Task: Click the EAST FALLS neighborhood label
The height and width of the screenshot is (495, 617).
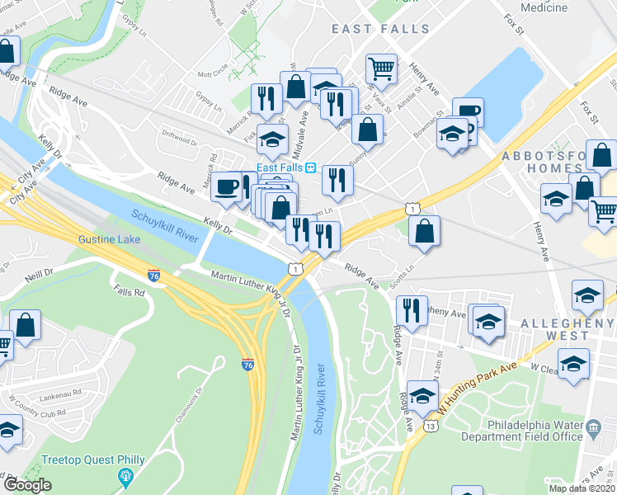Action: tap(380, 29)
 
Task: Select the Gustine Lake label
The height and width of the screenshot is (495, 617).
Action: tap(109, 239)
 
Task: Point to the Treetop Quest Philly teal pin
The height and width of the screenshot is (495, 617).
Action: tap(125, 476)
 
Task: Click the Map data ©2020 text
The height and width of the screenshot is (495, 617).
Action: tap(582, 488)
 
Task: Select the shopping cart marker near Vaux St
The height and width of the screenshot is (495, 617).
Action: tap(381, 69)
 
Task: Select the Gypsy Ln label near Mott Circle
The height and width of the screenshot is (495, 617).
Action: tap(210, 106)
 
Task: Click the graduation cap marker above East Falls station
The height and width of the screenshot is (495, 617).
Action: tap(271, 141)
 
